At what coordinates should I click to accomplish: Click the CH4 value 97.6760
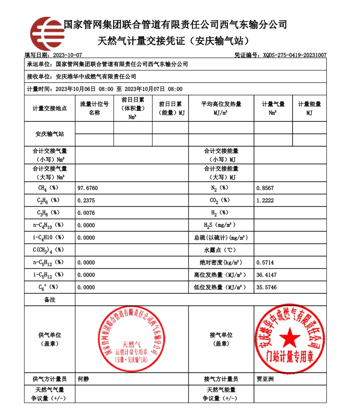(87, 188)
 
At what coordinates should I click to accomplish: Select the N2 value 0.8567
(265, 188)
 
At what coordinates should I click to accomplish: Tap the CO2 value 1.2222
(265, 201)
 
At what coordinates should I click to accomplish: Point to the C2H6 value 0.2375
(86, 201)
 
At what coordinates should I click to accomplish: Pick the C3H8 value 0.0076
(86, 213)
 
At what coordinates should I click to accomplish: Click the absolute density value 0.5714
(265, 262)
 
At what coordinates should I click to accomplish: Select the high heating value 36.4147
(266, 275)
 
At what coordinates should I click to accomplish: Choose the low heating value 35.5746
(266, 287)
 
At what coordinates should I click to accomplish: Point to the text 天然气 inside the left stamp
(131, 343)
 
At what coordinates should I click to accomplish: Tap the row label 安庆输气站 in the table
(50, 134)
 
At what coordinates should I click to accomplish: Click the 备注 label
(50, 300)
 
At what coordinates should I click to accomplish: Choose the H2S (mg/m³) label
(220, 225)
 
